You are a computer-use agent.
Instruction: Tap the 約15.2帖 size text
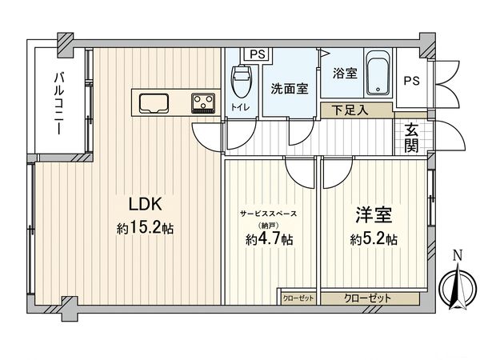pos(145,229)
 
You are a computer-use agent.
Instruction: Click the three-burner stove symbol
pos(202,102)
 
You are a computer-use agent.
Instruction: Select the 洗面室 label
pos(288,88)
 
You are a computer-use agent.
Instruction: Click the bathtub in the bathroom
pos(377,74)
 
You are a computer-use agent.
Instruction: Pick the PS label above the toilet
pos(257,54)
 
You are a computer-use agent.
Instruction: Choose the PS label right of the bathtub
pos(410,81)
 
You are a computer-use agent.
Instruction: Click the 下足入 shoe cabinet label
pos(350,110)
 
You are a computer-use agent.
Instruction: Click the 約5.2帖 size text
pos(374,239)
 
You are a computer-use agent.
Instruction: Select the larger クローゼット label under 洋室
pos(368,298)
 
